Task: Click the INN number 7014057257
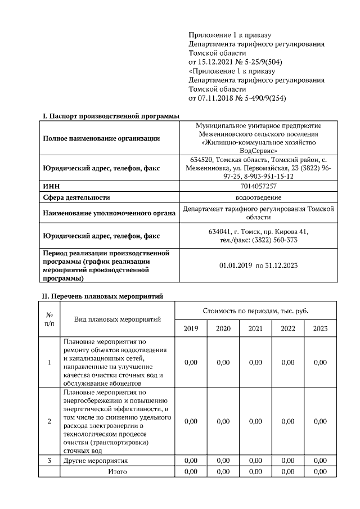pos(258,186)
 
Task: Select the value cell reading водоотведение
pos(258,197)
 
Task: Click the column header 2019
pos(191,328)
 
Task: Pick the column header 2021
pos(255,328)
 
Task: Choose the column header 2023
pos(320,328)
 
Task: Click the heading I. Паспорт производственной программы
pos(111,116)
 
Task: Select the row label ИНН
pos(51,186)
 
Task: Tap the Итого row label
pos(117,471)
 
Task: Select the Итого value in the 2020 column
pos(223,471)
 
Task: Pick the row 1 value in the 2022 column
pos(288,363)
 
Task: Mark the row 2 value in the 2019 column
pos(191,421)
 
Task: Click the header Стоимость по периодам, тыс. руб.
pos(255,311)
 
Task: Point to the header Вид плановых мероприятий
pos(118,319)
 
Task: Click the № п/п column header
pos(49,319)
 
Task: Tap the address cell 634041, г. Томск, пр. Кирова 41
pos(258,232)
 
